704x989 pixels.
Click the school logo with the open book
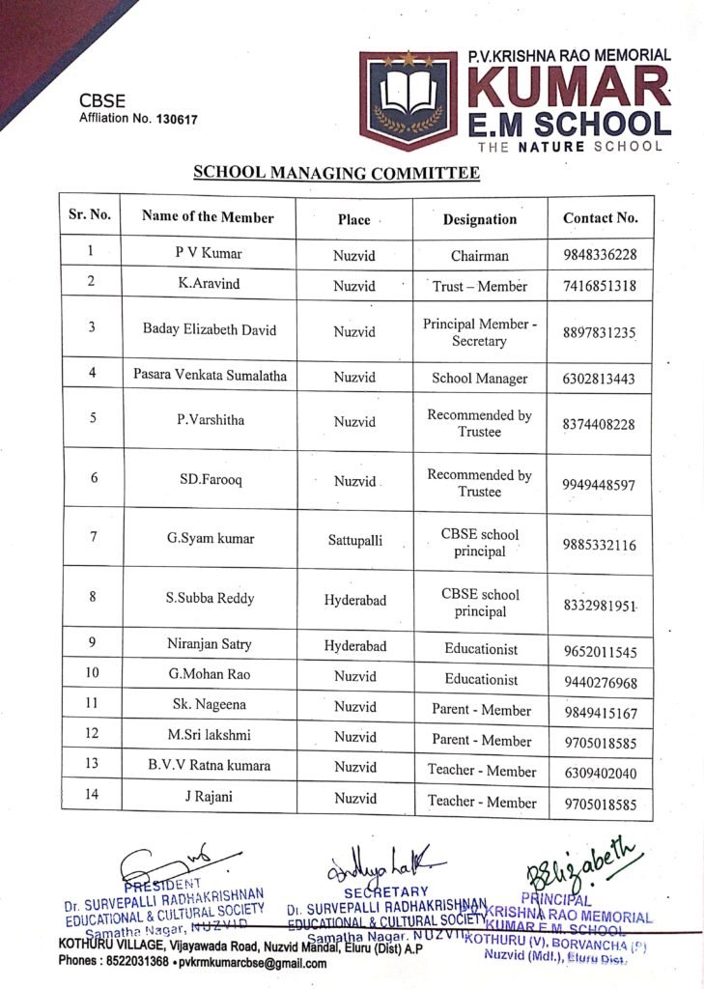[408, 100]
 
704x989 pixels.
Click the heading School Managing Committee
[336, 173]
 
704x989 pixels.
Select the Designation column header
[480, 218]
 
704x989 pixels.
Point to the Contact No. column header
[600, 218]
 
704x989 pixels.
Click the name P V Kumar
[208, 254]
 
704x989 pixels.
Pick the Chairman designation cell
[480, 256]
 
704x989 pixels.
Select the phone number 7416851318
[599, 287]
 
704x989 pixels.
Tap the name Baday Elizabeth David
[210, 329]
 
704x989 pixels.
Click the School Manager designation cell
[480, 379]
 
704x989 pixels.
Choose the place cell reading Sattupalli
[354, 541]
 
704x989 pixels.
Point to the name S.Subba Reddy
[210, 599]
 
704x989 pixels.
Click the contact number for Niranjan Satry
[599, 652]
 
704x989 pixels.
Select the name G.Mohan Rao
[208, 676]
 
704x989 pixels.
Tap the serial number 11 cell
[91, 705]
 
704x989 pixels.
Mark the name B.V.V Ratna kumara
[208, 767]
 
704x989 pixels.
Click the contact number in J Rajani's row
[599, 803]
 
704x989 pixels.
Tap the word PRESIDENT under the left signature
[161, 882]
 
